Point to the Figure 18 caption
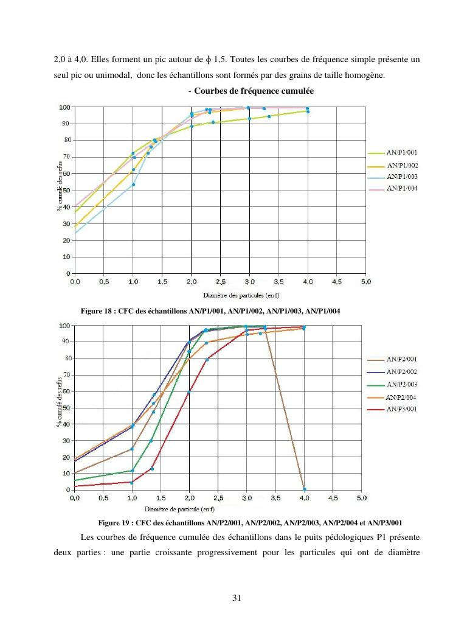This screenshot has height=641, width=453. point(210,312)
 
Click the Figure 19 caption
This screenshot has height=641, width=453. point(249,523)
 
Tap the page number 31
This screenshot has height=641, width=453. point(237,598)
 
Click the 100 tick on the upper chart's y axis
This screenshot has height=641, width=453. point(64,107)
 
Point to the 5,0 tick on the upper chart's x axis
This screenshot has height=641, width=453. point(366,282)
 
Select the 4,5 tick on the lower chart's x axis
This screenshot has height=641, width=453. point(333,498)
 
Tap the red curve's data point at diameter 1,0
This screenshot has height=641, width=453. point(131,482)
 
